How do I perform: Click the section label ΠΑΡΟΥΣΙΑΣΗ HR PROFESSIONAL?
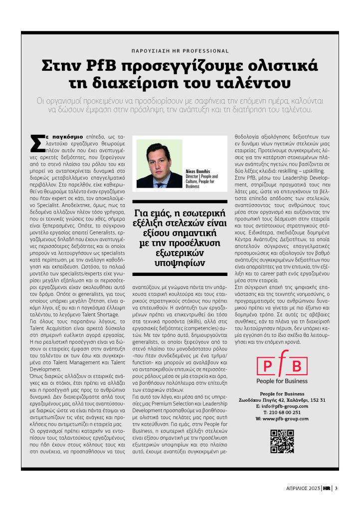pos(180,51)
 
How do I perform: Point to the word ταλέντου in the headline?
pos(260,82)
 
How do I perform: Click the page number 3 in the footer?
pos(337,488)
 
